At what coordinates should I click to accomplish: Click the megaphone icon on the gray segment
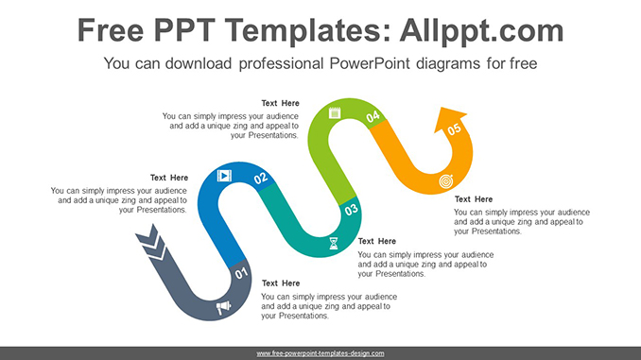click(x=223, y=307)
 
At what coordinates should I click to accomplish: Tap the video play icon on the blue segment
click(x=224, y=175)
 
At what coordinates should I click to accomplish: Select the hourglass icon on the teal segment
click(x=333, y=243)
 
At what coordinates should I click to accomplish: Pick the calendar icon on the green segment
click(x=334, y=113)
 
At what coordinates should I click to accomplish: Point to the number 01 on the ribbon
click(x=241, y=276)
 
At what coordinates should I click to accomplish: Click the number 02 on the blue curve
click(x=261, y=177)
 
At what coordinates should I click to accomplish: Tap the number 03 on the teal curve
click(x=351, y=210)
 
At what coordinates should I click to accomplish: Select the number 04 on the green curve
click(x=372, y=116)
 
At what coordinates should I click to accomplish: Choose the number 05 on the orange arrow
click(x=455, y=129)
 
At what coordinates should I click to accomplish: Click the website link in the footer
click(x=320, y=353)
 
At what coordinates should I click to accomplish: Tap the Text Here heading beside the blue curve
click(x=169, y=178)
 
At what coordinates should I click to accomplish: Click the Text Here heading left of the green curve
click(x=280, y=103)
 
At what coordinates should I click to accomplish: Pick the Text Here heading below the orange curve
click(x=473, y=199)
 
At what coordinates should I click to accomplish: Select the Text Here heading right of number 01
click(x=280, y=283)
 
